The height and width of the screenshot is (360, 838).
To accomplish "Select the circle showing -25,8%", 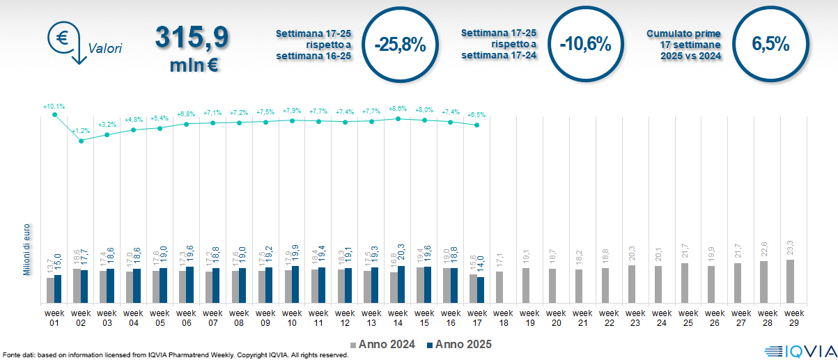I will (x=399, y=45).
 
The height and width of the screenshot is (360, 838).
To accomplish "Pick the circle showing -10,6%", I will (x=584, y=45).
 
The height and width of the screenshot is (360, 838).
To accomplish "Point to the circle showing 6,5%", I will (x=770, y=45).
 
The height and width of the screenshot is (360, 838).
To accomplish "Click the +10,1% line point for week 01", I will (x=54, y=115).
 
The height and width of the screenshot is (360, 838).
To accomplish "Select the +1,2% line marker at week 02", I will (x=81, y=141).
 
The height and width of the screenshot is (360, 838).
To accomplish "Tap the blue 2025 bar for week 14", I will (x=401, y=284).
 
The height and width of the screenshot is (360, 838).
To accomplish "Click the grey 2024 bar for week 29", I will (x=790, y=281).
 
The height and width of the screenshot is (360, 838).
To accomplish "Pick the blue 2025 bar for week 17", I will (x=481, y=290).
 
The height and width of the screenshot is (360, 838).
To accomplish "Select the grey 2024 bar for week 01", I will (x=50, y=290).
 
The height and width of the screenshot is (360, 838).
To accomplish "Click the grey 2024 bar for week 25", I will (x=684, y=283).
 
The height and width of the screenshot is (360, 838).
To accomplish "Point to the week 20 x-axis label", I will (x=556, y=318).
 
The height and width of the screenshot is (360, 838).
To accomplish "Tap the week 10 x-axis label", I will (x=292, y=318).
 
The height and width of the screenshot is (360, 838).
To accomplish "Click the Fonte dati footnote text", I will (x=174, y=355).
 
